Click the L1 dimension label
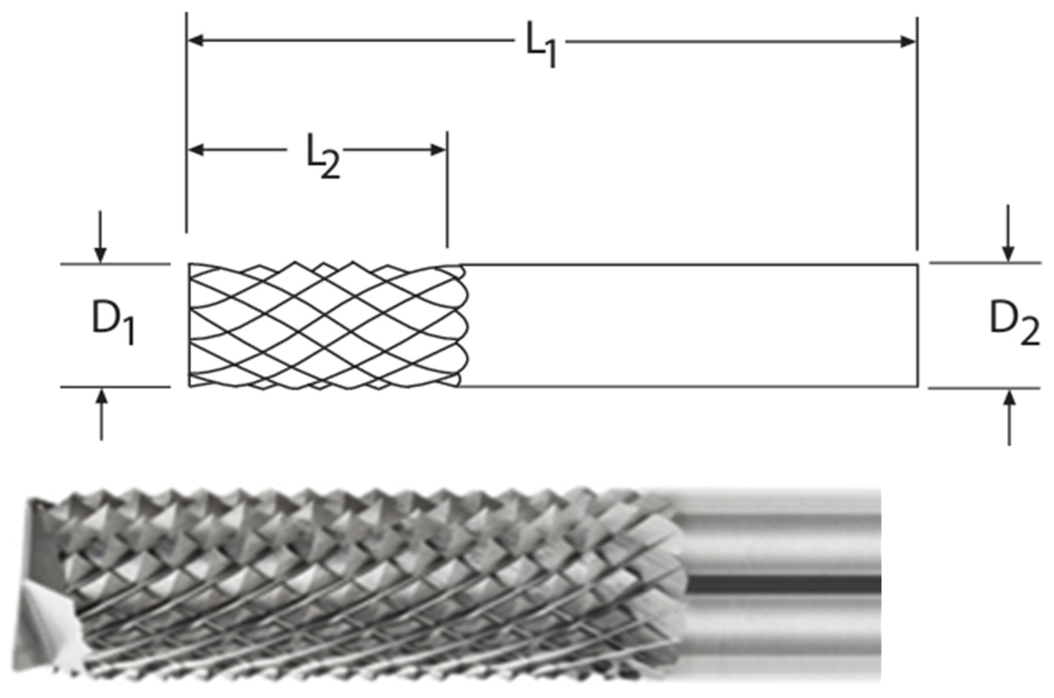(x=540, y=49)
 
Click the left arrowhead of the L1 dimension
(x=195, y=41)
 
